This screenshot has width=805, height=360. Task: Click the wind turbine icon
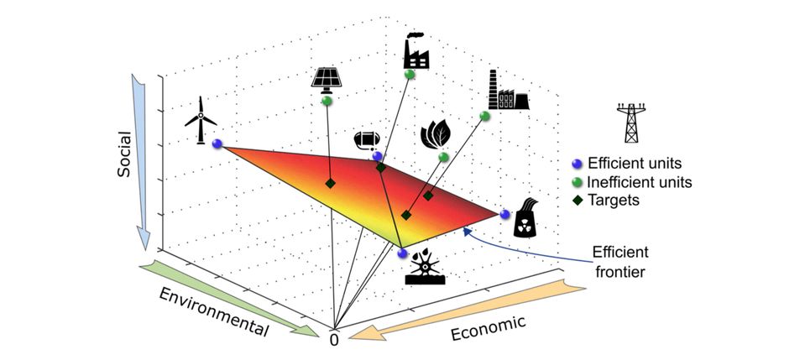click(x=200, y=120)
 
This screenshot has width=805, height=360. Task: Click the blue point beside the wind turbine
click(x=217, y=143)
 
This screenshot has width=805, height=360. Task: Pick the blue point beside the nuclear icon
click(x=505, y=214)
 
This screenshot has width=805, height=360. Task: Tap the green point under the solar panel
click(x=326, y=101)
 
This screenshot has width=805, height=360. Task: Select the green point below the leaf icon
click(x=443, y=157)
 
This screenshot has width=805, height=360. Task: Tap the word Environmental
click(x=213, y=311)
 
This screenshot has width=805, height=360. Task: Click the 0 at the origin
click(x=334, y=341)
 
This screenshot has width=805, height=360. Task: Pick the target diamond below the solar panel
click(x=331, y=183)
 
